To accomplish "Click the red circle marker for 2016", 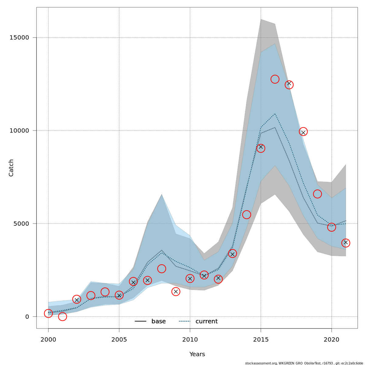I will [275, 79].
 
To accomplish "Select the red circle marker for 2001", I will [62, 317].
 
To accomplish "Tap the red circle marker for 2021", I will [346, 243].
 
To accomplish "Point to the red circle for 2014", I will [247, 214].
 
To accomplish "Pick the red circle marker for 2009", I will [176, 291].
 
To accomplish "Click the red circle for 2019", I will [317, 194].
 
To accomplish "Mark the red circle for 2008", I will [162, 269].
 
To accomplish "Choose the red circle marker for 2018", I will [303, 132].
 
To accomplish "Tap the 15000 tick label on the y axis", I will [19, 38].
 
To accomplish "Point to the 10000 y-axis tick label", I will [19, 131].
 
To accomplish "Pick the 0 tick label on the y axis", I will [27, 317].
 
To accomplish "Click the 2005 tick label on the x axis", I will [119, 339].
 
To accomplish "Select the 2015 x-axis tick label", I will [261, 339].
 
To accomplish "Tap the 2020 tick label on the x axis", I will [332, 339].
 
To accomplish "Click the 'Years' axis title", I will [197, 354].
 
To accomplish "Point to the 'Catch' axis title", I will [11, 168].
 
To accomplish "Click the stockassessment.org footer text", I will [304, 363].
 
